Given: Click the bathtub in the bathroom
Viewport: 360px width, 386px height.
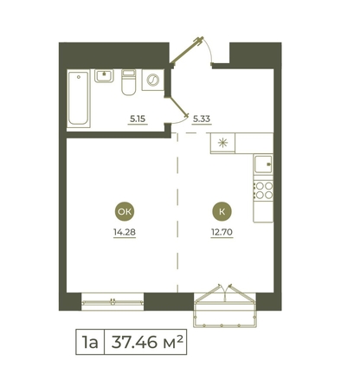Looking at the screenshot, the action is (79, 98).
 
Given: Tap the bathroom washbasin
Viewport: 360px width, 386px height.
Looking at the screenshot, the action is (104, 75).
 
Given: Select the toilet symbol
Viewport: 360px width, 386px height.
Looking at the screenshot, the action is (128, 82).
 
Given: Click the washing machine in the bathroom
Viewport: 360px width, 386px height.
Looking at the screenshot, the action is (153, 80).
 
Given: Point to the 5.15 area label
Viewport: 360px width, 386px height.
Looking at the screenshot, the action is (138, 119).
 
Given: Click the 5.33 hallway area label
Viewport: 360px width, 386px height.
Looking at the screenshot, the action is (202, 119).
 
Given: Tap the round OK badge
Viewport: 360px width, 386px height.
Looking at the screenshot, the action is (125, 211).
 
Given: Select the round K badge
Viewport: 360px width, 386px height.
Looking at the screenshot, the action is (222, 211).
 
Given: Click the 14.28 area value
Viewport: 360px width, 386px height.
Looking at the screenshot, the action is (125, 232).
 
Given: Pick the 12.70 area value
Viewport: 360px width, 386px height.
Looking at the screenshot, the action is (222, 232).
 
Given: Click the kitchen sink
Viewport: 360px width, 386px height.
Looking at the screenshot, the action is (263, 164).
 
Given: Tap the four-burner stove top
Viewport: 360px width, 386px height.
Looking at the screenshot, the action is (263, 190).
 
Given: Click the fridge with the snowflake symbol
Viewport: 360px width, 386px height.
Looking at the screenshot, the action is (222, 143).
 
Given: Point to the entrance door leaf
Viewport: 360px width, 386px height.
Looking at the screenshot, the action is (187, 50).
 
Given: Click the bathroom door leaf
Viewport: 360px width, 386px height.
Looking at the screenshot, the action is (177, 106).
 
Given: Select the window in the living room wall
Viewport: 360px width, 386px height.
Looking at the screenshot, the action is (112, 302).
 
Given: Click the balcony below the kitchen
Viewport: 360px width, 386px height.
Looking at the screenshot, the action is (225, 311).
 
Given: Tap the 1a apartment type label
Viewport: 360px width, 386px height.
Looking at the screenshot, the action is (90, 342).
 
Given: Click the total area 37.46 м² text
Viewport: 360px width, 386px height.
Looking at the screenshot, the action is (147, 342).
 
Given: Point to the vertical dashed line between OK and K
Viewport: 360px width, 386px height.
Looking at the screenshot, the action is (177, 213).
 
